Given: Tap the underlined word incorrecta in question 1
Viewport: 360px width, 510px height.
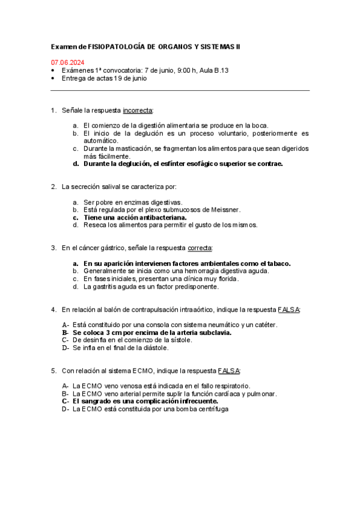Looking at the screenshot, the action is [138, 110].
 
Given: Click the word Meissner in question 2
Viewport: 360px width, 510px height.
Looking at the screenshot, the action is [224, 209].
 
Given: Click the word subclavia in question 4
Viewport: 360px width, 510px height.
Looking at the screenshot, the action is [213, 332].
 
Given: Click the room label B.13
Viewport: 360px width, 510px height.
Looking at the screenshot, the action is [219, 70].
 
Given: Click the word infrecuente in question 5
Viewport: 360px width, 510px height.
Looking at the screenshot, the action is [195, 401].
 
